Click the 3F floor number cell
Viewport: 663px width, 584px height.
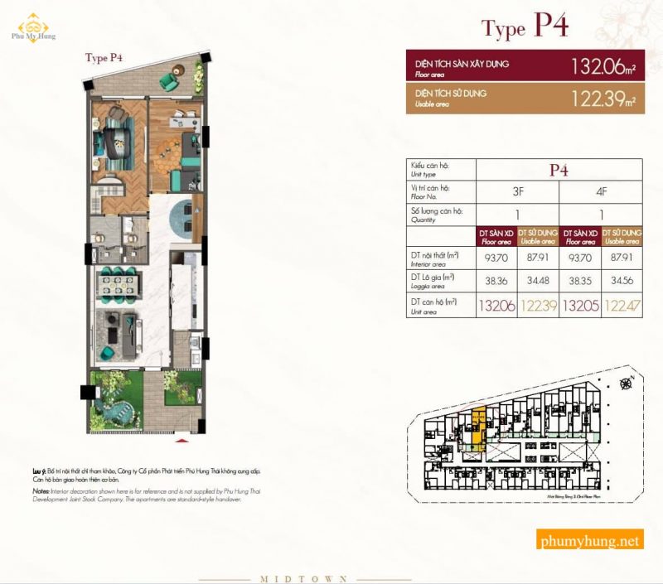click(x=518, y=191)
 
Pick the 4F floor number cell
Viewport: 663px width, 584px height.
click(x=602, y=191)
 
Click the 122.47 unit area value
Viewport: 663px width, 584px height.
click(x=622, y=306)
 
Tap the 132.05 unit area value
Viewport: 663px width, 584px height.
click(x=580, y=306)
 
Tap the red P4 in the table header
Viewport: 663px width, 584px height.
click(x=559, y=170)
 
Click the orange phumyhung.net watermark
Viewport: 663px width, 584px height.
click(x=589, y=541)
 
